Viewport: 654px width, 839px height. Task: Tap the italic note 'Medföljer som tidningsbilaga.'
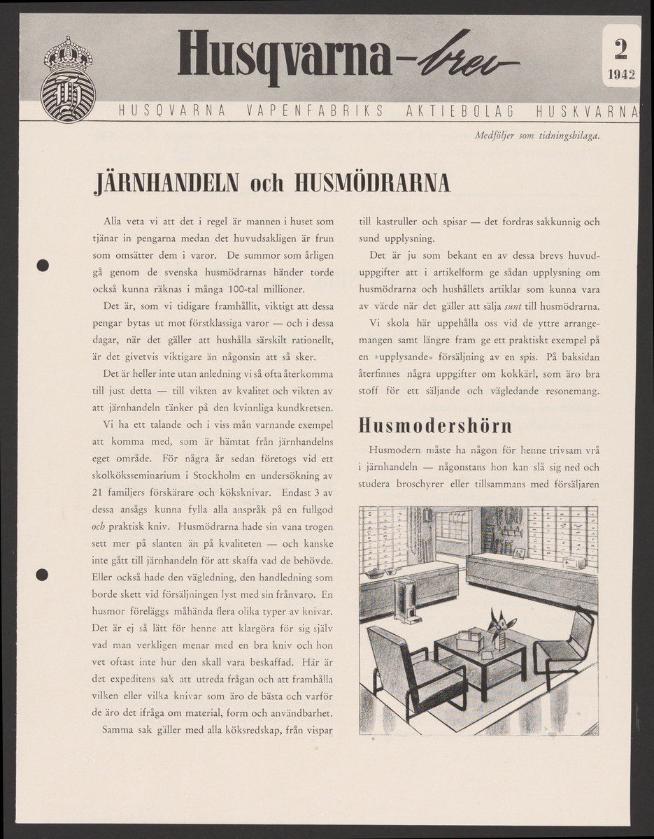tap(536, 136)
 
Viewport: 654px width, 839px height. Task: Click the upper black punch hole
tap(43, 266)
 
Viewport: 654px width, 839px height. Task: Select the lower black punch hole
tap(43, 575)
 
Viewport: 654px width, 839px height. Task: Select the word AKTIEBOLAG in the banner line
tap(458, 112)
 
